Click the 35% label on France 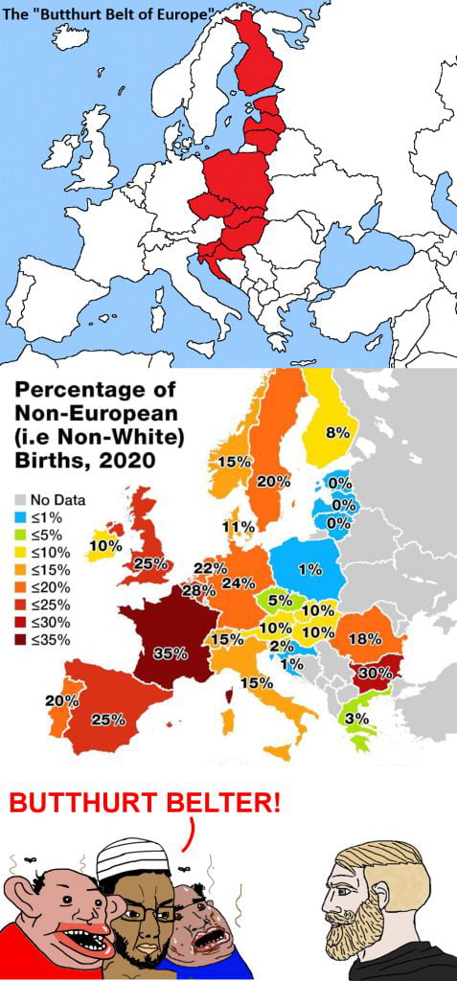coord(170,653)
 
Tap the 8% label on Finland coord(337,432)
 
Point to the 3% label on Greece coord(357,719)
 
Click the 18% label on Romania coord(366,639)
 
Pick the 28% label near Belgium coord(198,590)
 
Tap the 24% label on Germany coord(237,582)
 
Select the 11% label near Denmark coord(238,527)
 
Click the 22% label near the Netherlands coord(210,568)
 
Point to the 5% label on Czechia coord(280,601)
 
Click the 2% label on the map coord(282,646)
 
